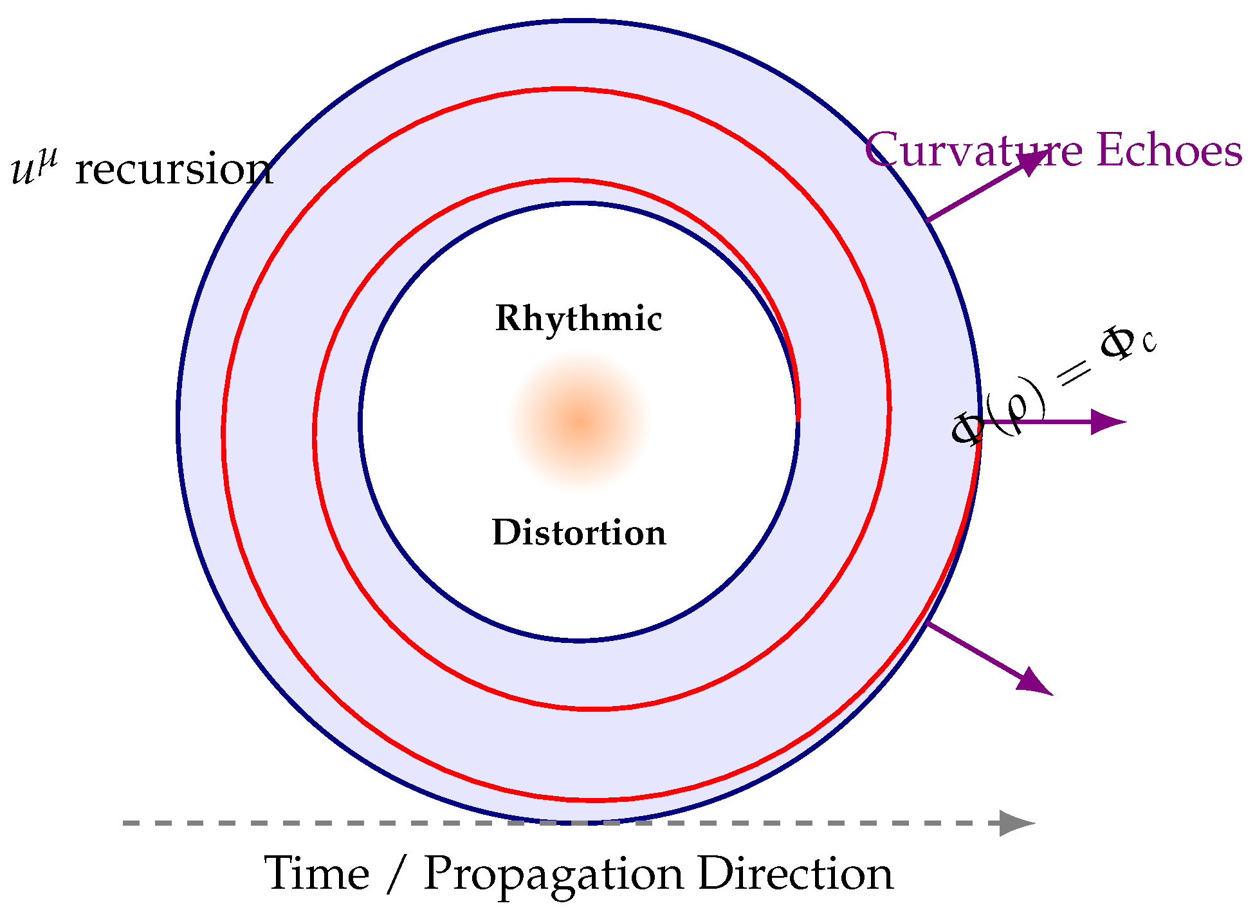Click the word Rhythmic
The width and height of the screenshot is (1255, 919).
click(578, 319)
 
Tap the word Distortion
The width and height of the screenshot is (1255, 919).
click(579, 533)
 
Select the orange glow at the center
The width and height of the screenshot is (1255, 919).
click(580, 422)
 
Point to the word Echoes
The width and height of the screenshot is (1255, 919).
click(1169, 151)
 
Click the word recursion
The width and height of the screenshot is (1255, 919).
click(174, 170)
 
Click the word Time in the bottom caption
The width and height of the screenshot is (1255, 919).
click(317, 874)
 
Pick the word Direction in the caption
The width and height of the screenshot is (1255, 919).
click(796, 874)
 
